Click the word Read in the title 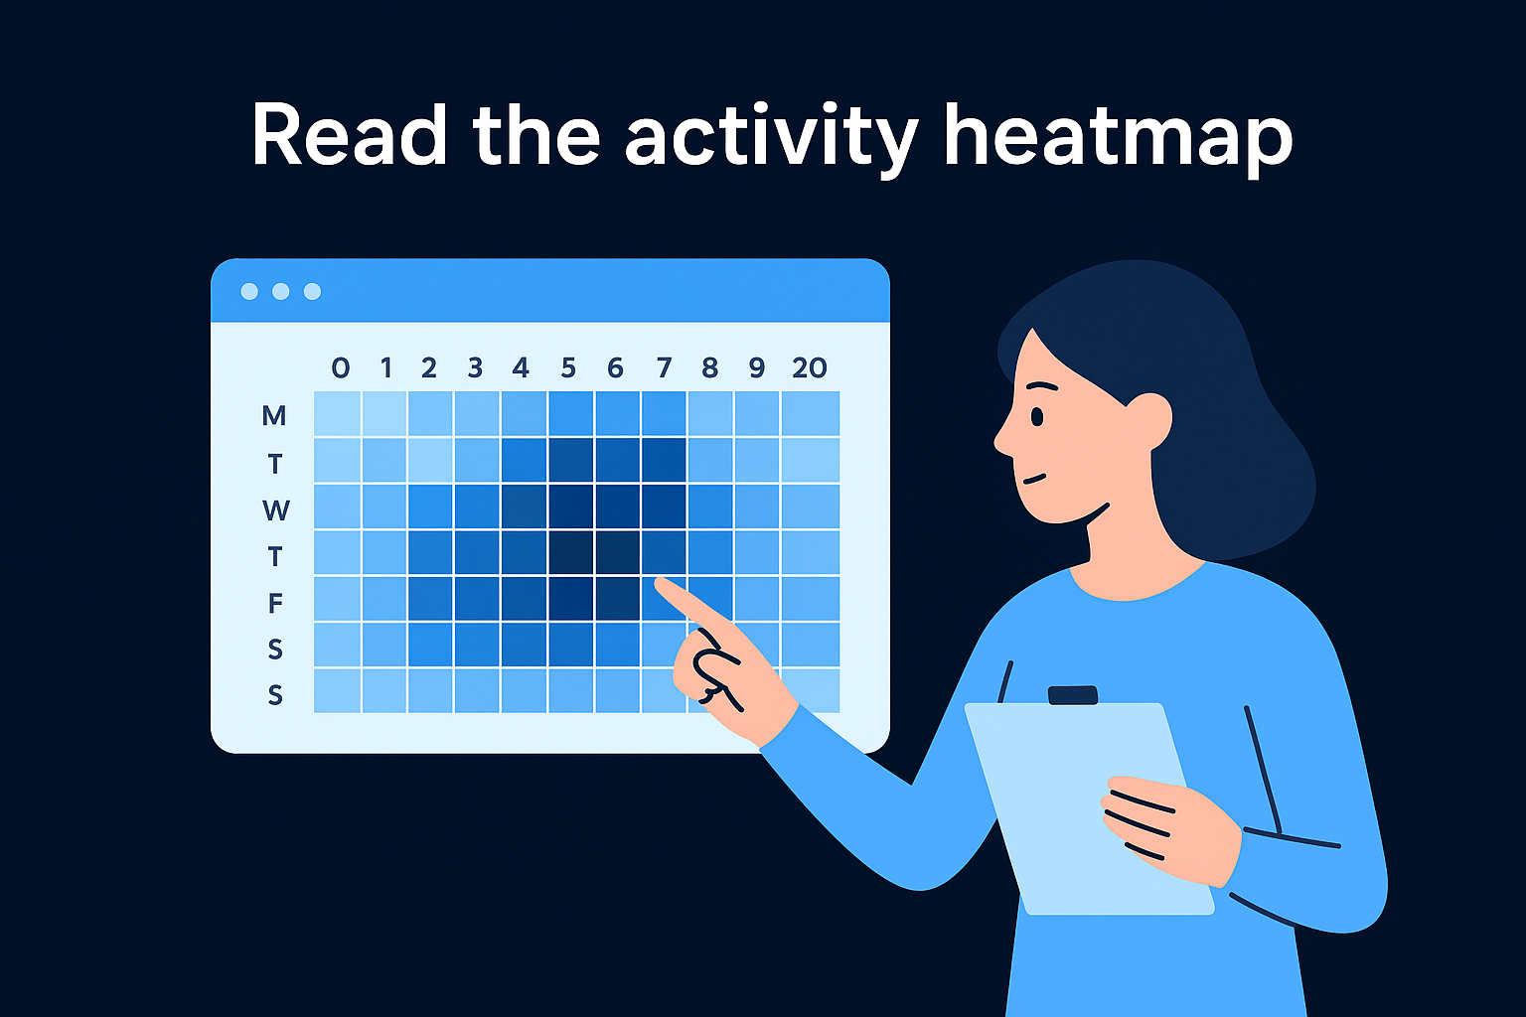[349, 135]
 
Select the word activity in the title [769, 139]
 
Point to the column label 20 [810, 368]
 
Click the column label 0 [341, 368]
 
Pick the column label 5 [568, 368]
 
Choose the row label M [273, 415]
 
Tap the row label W [275, 510]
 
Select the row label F [275, 603]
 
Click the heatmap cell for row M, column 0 [337, 413]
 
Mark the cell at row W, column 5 [571, 507]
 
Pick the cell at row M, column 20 [811, 413]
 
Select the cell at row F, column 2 [430, 599]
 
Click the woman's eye [1036, 416]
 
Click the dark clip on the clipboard [1073, 695]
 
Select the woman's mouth [1036, 478]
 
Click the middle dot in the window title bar [280, 291]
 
